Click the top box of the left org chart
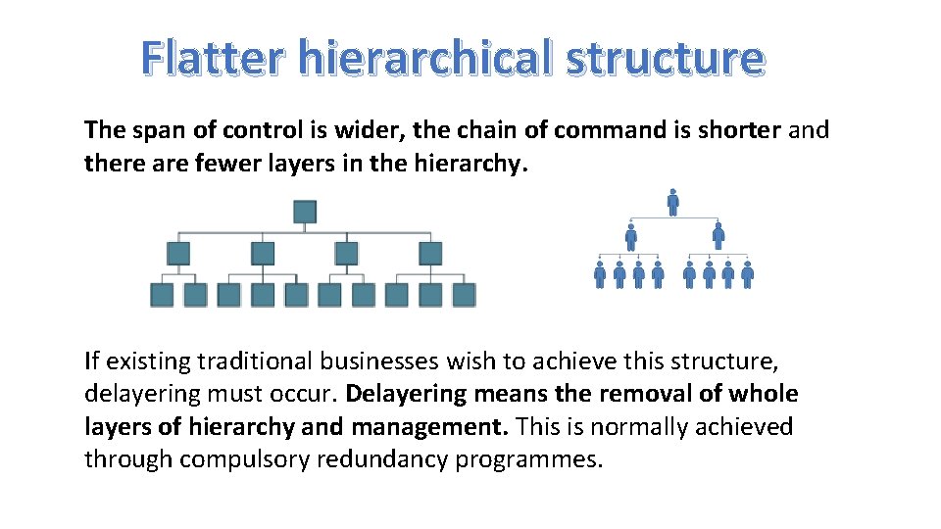click(305, 212)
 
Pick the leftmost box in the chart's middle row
click(178, 254)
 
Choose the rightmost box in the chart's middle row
click(430, 254)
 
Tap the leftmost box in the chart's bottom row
click(162, 295)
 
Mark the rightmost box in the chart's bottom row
click(465, 295)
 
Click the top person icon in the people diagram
click(672, 202)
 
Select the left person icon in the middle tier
click(630, 236)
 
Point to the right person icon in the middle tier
click(718, 236)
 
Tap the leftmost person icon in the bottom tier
click(600, 274)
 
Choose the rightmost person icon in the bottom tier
click(747, 274)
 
